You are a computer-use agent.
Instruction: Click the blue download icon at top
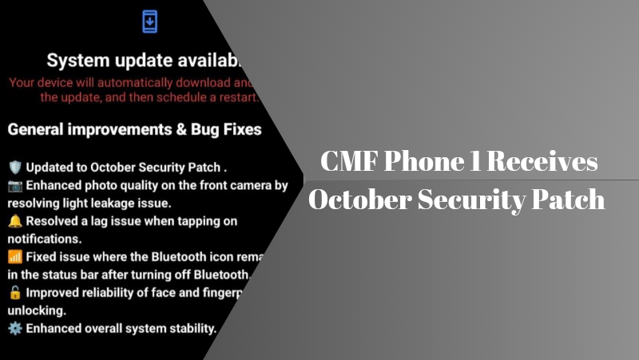[149, 22]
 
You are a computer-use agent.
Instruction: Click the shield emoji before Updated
[14, 168]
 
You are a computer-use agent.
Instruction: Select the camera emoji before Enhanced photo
[14, 186]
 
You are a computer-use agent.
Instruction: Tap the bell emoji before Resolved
[14, 220]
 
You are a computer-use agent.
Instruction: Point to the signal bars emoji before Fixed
[14, 257]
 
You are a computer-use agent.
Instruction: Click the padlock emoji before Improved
[14, 292]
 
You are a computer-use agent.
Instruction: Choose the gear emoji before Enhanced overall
[14, 328]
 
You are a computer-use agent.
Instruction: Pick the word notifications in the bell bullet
[43, 239]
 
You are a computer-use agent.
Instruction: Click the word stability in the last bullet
[190, 328]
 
